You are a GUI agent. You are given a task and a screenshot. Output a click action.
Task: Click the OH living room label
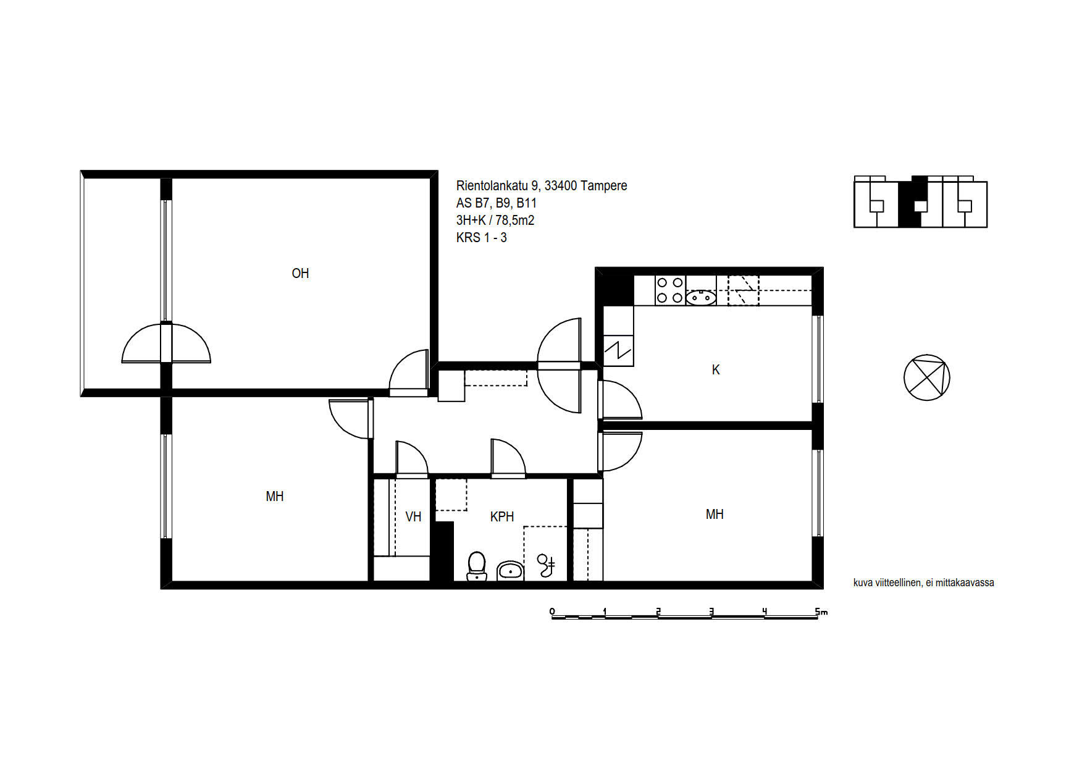pos(300,273)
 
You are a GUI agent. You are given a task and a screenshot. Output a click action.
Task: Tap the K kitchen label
pos(716,369)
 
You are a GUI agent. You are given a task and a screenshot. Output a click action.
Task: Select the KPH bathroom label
pos(502,516)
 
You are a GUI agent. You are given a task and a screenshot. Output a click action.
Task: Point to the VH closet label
pos(413,516)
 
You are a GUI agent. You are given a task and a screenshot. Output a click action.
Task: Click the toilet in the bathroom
pos(476,566)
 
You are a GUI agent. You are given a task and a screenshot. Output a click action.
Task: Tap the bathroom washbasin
pos(510,571)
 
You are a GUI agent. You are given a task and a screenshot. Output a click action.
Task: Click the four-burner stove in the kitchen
pos(669,290)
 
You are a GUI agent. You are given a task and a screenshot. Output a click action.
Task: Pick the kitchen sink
pos(701,298)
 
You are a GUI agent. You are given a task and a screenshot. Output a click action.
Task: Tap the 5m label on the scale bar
pos(821,612)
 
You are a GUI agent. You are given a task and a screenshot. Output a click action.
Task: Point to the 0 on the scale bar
pos(552,612)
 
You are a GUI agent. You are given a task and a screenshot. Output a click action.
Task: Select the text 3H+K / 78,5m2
pos(495,220)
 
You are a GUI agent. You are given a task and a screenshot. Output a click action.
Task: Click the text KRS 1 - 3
pos(482,237)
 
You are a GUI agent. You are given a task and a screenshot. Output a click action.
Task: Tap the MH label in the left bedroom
pos(275,496)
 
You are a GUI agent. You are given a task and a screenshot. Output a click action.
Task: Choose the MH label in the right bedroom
pos(715,514)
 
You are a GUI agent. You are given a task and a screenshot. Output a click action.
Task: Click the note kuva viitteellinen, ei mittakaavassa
pos(924,583)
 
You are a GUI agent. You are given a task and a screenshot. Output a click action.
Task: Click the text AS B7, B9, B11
pos(497,203)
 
